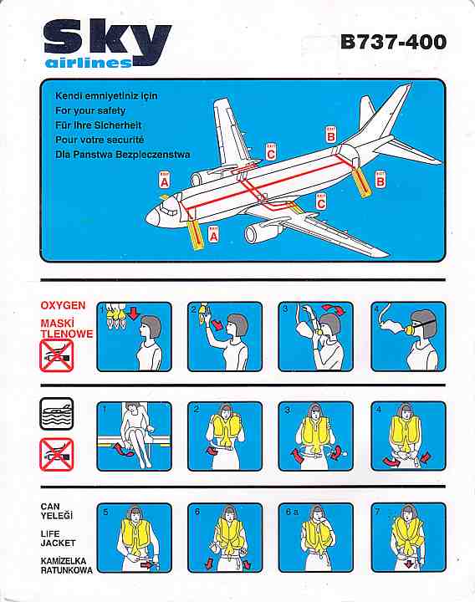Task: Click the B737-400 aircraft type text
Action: point(394,42)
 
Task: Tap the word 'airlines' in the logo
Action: point(89,64)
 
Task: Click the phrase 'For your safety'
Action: point(90,110)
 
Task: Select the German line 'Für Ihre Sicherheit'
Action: point(99,125)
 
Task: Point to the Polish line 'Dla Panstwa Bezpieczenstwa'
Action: point(122,155)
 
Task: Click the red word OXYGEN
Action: point(63,306)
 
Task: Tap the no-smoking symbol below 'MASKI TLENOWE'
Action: point(56,356)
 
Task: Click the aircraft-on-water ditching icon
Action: point(56,414)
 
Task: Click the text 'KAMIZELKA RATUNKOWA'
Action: point(66,565)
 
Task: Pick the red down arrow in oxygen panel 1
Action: point(133,313)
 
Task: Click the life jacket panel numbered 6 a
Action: point(315,537)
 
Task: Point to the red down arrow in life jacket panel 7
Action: point(408,564)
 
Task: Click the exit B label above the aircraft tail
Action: point(330,135)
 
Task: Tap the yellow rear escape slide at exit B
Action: point(361,182)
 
